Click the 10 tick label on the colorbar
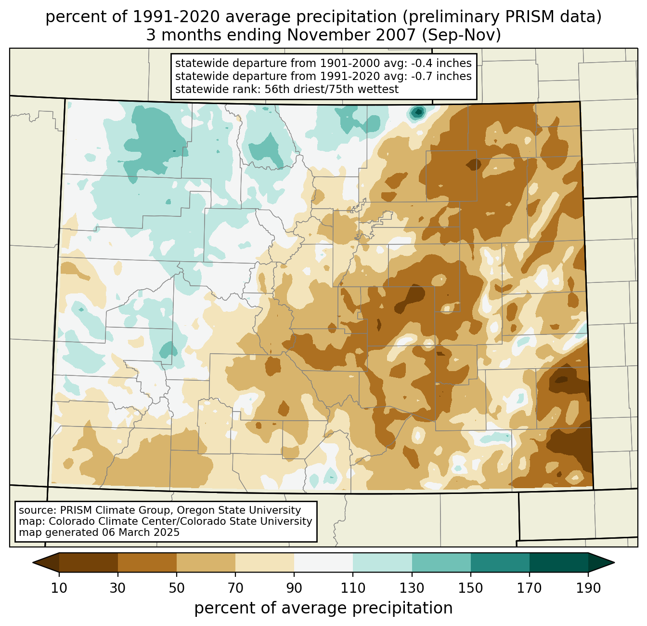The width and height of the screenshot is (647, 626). click(x=59, y=588)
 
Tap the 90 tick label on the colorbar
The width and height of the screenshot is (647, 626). click(x=294, y=588)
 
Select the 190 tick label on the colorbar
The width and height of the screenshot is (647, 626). click(x=588, y=588)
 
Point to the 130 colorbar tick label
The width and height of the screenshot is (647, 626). click(x=412, y=588)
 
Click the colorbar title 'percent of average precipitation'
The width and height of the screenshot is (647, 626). click(x=323, y=608)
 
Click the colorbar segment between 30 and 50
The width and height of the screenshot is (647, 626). click(x=147, y=562)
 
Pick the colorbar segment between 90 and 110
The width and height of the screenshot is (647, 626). click(x=323, y=562)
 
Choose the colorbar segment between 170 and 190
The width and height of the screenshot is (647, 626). click(x=558, y=562)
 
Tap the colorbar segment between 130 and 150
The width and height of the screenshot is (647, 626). click(x=441, y=562)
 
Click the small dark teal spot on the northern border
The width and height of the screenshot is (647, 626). click(x=417, y=113)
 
